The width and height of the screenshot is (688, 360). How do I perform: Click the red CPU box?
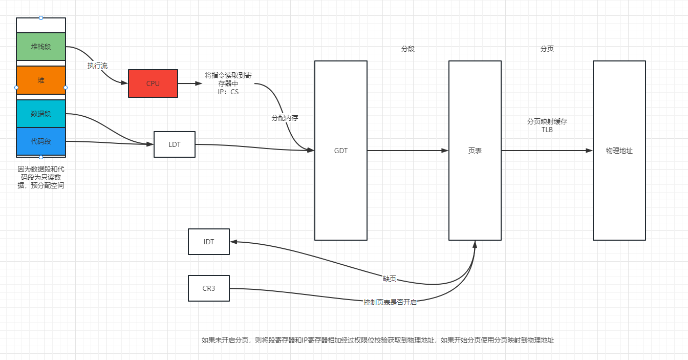click(153, 83)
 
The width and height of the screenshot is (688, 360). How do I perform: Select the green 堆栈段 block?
click(41, 47)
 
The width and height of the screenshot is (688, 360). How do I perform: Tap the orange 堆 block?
click(41, 80)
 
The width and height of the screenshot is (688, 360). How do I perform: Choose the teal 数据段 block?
click(41, 114)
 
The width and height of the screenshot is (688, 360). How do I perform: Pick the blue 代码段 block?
click(41, 141)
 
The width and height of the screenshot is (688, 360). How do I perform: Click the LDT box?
click(175, 144)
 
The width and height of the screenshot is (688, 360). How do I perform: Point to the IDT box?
click(209, 242)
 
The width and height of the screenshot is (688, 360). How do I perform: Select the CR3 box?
click(209, 288)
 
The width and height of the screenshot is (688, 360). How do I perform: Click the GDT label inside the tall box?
click(341, 151)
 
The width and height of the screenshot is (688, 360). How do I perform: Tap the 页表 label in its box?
click(475, 151)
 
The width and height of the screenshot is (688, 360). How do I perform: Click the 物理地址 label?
click(619, 151)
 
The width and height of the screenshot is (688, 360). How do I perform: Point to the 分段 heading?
click(408, 49)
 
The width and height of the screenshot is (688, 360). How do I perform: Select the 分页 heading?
click(547, 49)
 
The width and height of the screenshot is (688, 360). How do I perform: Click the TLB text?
click(547, 130)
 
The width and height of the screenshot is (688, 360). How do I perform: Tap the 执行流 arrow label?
click(97, 66)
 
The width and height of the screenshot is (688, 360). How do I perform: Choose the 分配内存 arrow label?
click(285, 118)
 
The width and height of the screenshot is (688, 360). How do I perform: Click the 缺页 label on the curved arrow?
click(390, 279)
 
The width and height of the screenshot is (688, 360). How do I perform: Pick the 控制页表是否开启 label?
click(390, 302)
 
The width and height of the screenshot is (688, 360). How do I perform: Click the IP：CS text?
click(228, 92)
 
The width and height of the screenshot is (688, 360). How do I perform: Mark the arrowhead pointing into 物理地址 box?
click(590, 151)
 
